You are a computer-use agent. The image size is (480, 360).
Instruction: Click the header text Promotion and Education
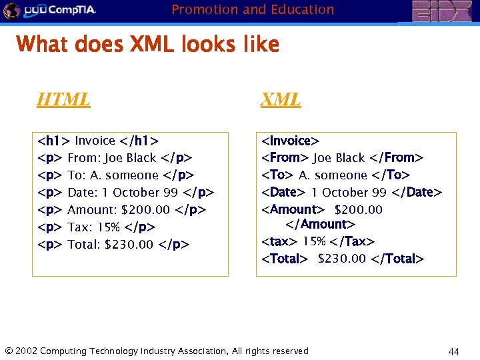click(x=253, y=9)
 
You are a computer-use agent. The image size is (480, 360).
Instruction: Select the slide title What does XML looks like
click(x=147, y=45)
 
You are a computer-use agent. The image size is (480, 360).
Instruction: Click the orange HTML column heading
click(x=63, y=100)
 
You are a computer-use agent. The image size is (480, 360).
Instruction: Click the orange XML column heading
click(x=281, y=100)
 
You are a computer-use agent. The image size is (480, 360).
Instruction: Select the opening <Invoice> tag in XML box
click(x=290, y=141)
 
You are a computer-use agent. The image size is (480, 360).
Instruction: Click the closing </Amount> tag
click(x=320, y=225)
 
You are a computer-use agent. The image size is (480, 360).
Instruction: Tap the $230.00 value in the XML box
click(x=342, y=259)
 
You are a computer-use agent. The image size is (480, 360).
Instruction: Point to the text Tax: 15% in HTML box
click(x=94, y=227)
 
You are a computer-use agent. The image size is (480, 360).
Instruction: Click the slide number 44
click(x=454, y=351)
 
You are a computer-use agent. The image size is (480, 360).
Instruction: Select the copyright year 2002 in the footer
click(x=25, y=351)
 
